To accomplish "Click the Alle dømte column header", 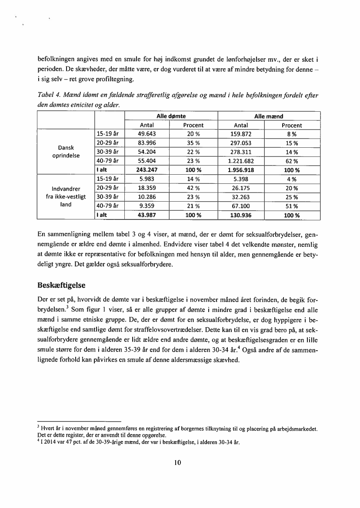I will (x=171, y=116).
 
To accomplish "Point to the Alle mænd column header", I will (x=268, y=116).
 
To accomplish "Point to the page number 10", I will (x=177, y=462).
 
